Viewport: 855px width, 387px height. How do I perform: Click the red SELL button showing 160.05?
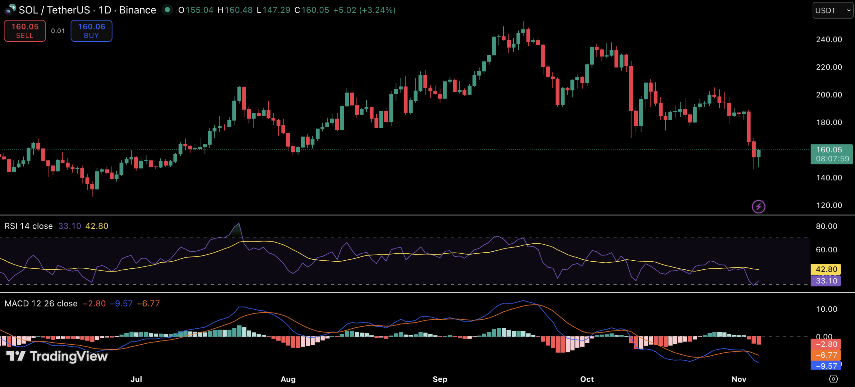click(x=25, y=31)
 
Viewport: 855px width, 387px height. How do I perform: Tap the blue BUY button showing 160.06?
click(x=92, y=31)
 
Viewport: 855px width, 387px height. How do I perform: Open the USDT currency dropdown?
click(x=833, y=10)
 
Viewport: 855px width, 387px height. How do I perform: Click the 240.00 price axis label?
click(x=829, y=39)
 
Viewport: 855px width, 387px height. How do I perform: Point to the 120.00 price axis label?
click(x=829, y=205)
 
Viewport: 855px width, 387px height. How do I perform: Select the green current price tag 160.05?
click(x=832, y=154)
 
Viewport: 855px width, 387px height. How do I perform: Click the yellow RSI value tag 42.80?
click(x=826, y=269)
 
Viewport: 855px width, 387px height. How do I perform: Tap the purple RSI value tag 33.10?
click(x=826, y=281)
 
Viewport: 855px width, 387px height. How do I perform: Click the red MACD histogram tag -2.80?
click(x=826, y=344)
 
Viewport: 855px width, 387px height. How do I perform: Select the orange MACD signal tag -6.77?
click(x=826, y=355)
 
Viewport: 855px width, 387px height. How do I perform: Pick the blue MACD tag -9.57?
click(x=826, y=366)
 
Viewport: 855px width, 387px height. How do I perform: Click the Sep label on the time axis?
click(x=440, y=379)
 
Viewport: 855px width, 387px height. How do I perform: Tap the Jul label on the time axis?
click(x=136, y=379)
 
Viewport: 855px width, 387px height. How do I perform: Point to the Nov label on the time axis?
click(x=739, y=379)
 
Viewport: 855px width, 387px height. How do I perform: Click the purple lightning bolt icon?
click(x=758, y=207)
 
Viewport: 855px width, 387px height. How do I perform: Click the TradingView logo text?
click(x=68, y=356)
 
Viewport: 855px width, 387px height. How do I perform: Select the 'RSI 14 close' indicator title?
click(x=29, y=226)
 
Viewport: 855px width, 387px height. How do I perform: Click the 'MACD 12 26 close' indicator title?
click(x=41, y=303)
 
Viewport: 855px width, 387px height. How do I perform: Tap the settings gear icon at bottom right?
click(x=833, y=379)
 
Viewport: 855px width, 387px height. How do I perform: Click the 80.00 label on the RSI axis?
click(x=826, y=226)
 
